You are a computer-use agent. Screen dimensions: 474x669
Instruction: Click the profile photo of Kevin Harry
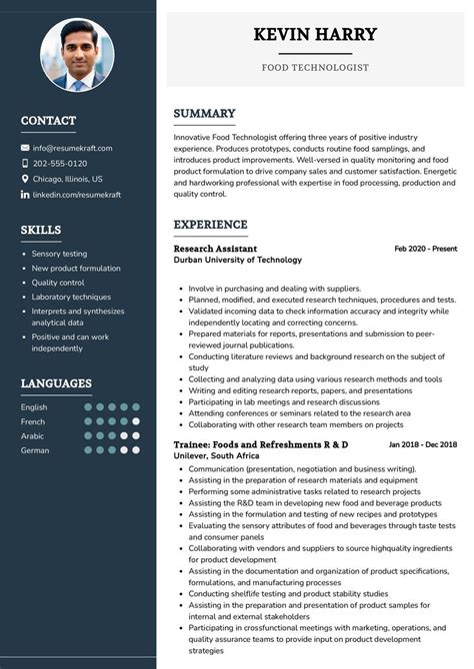(x=77, y=54)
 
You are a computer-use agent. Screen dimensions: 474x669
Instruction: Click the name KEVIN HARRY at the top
(x=315, y=35)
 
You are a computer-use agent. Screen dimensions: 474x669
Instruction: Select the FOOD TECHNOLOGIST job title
(x=315, y=68)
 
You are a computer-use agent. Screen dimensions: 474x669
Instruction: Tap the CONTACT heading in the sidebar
(x=48, y=121)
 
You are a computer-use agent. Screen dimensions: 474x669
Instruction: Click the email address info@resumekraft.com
(x=72, y=148)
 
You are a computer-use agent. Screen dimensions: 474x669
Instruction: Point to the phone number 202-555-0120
(x=60, y=164)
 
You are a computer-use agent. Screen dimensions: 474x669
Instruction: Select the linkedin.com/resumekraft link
(x=77, y=195)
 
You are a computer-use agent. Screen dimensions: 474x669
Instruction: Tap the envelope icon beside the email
(x=25, y=148)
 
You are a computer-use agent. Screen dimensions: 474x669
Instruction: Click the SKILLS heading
(x=41, y=231)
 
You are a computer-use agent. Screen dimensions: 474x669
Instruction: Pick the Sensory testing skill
(x=59, y=254)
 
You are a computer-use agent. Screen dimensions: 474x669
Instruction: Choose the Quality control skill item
(x=58, y=283)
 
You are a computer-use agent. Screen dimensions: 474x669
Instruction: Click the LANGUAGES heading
(x=56, y=383)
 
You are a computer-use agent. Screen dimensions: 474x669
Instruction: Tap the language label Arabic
(x=33, y=436)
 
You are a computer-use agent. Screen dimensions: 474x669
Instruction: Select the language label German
(x=35, y=450)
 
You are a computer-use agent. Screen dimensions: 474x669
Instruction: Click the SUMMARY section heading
(x=204, y=114)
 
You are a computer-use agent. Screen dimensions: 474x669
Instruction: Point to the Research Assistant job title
(x=215, y=249)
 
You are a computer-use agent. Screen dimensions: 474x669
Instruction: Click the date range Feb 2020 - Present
(x=425, y=249)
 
